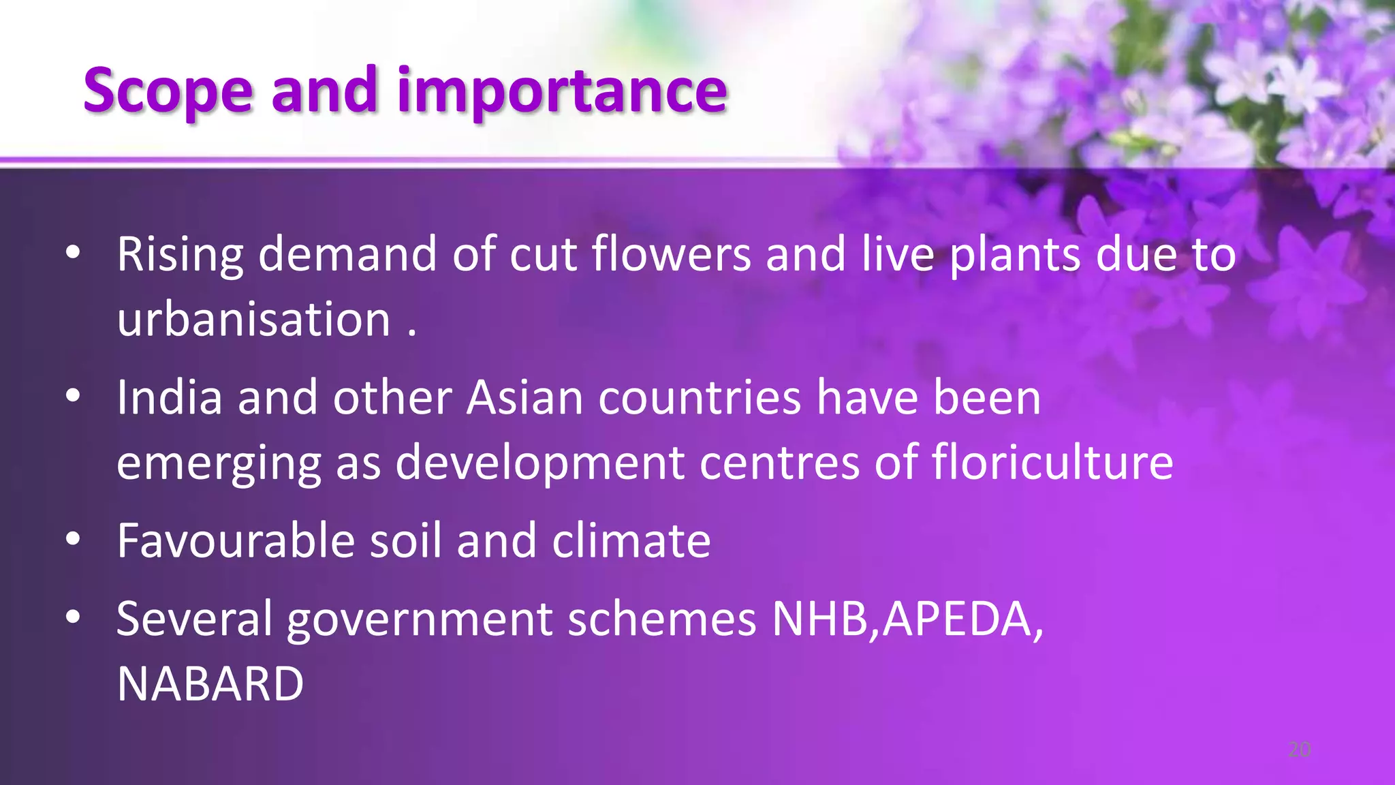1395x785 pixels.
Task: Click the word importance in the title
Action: click(562, 90)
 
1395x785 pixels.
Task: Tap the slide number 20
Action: click(1300, 750)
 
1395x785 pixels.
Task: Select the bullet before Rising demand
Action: click(74, 253)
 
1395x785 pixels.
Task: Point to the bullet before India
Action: click(74, 397)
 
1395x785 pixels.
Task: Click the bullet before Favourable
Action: click(74, 540)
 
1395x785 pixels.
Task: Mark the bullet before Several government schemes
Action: click(74, 618)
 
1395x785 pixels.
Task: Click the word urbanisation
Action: click(253, 319)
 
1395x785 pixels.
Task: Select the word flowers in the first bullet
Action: click(671, 254)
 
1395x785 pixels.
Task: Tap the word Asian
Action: click(524, 397)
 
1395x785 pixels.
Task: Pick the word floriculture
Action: click(1052, 462)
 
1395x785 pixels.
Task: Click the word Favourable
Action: click(236, 541)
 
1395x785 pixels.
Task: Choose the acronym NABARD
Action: click(210, 684)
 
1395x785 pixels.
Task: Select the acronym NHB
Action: click(819, 619)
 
